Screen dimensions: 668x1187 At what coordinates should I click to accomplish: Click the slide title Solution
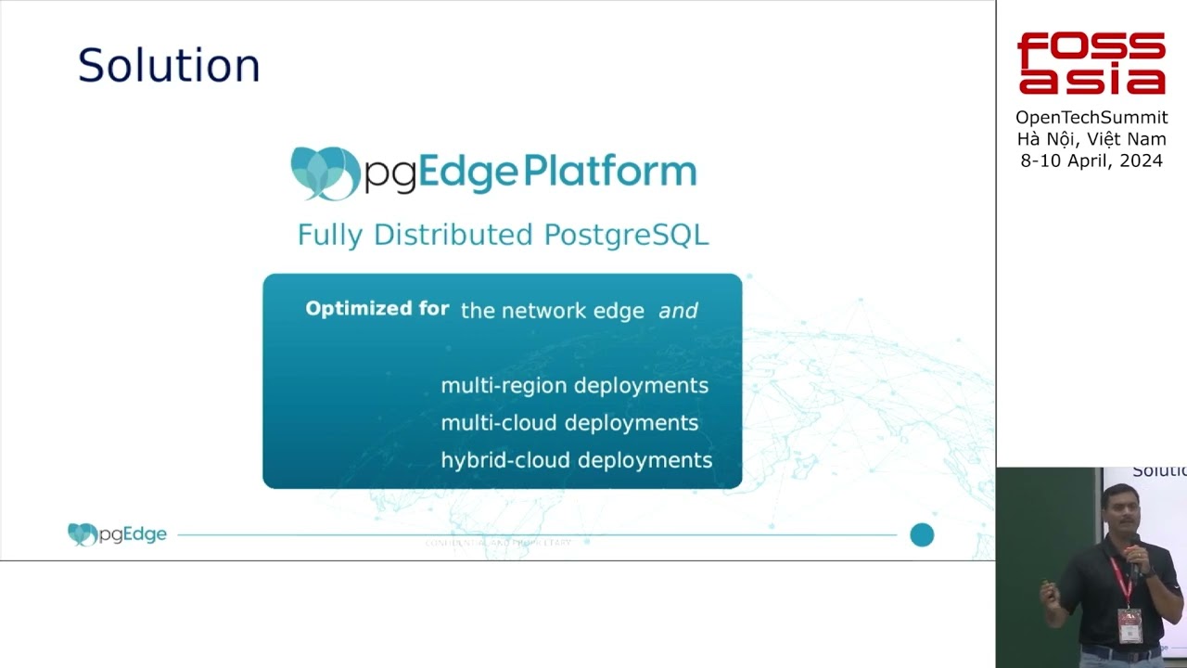[169, 66]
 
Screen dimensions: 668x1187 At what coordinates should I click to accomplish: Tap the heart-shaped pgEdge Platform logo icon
[324, 173]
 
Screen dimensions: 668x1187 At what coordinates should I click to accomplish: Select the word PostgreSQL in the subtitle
[626, 235]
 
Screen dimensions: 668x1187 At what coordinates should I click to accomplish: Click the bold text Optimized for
[377, 309]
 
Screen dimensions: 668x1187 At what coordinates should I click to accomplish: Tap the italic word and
[678, 311]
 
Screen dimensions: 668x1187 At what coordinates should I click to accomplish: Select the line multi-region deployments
[574, 385]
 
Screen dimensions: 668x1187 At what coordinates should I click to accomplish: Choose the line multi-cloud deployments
[569, 422]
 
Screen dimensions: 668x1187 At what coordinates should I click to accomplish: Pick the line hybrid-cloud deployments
[576, 460]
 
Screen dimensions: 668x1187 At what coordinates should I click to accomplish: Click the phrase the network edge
[552, 311]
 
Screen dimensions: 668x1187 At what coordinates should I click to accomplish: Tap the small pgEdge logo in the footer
[117, 534]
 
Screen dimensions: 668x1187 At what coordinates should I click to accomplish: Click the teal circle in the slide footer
[922, 534]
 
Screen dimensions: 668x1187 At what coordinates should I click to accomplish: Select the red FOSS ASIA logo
[1091, 63]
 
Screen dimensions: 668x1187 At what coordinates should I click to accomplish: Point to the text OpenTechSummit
[1091, 118]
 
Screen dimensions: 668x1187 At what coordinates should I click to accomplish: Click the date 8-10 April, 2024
[1091, 161]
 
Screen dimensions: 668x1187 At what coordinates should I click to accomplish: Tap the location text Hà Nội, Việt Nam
[1091, 139]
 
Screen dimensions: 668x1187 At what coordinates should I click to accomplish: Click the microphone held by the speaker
[1132, 558]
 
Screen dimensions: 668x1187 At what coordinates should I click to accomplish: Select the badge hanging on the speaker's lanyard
[1129, 624]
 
